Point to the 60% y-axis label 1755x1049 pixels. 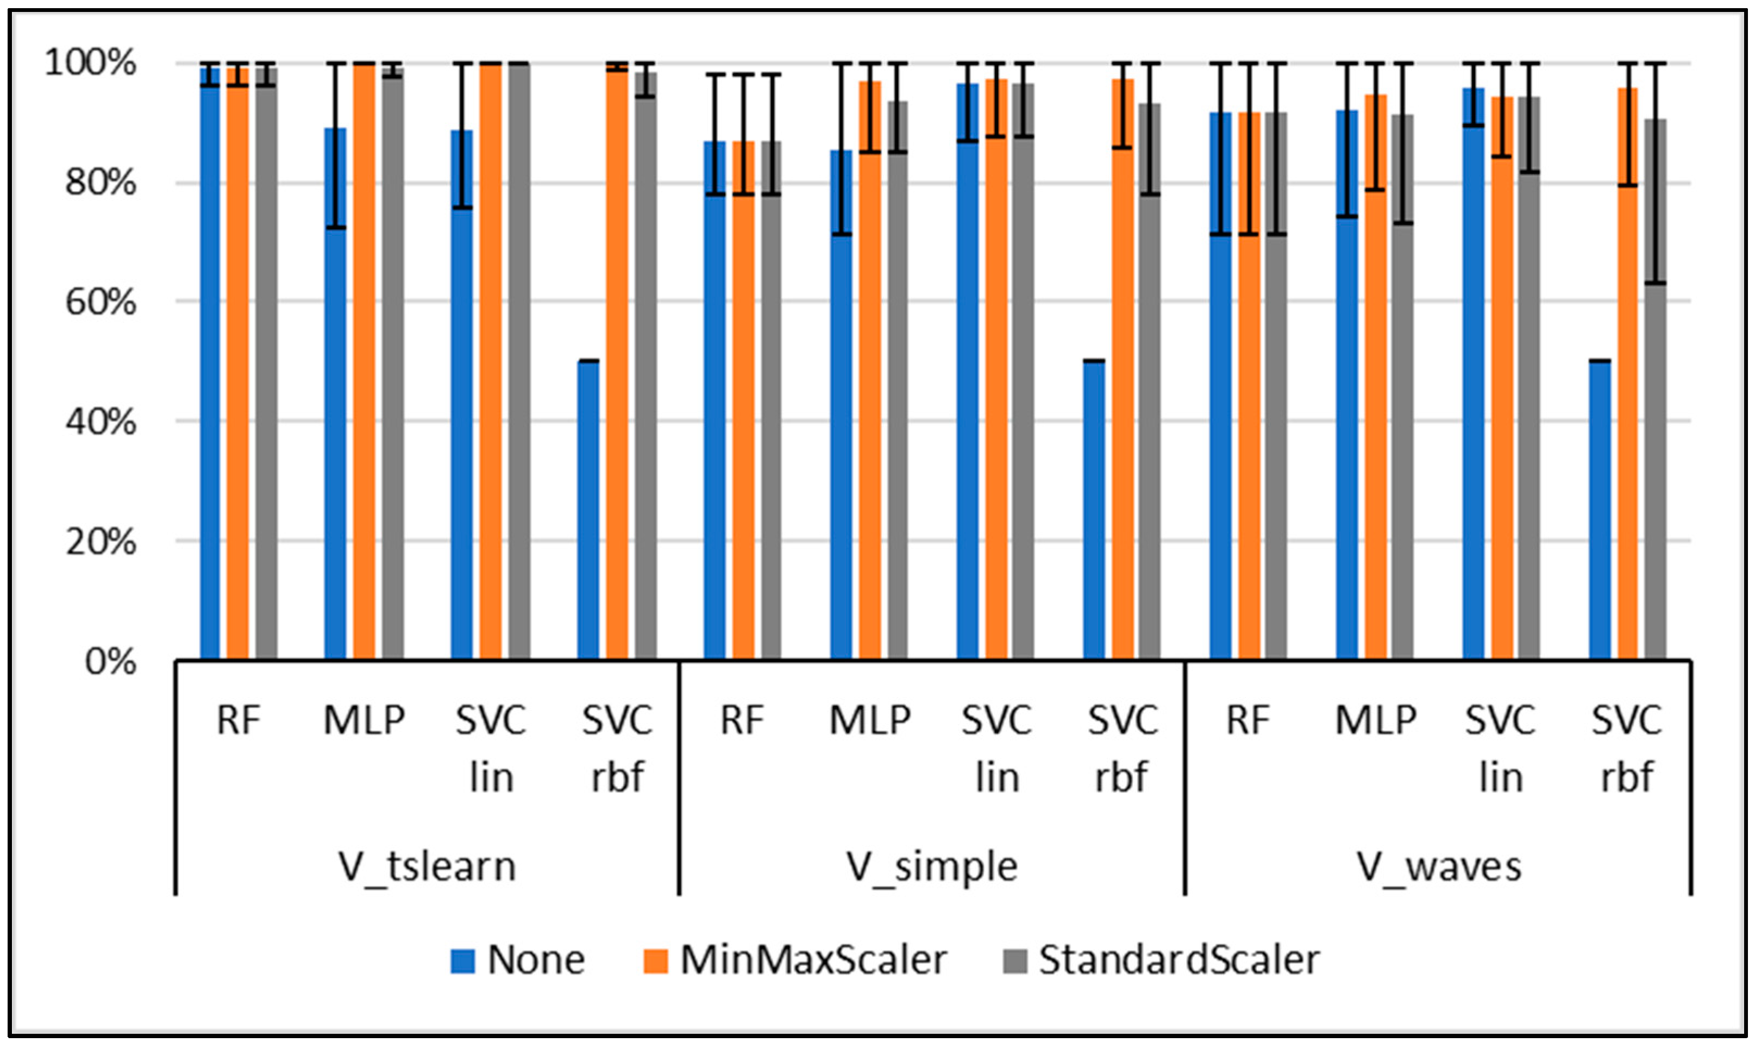[x=99, y=303]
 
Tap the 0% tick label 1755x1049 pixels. [x=110, y=662]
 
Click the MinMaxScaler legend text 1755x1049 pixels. [x=813, y=960]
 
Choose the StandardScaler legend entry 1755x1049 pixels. [x=1179, y=960]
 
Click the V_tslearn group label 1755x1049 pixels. [x=427, y=866]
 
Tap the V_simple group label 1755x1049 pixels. [x=932, y=866]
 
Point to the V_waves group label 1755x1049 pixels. [x=1438, y=866]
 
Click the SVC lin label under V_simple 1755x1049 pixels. [x=996, y=749]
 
